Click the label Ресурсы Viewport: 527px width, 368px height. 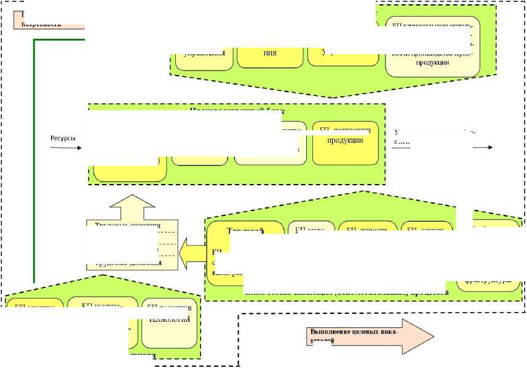click(x=62, y=138)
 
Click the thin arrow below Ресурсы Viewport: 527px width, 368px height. click(x=65, y=148)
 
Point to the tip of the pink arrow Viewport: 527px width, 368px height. click(x=432, y=336)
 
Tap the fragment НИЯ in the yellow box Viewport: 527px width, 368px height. click(x=269, y=52)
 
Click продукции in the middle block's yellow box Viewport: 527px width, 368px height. click(x=345, y=140)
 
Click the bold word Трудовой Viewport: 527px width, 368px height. click(x=245, y=231)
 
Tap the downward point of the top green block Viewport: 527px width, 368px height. click(x=333, y=97)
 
